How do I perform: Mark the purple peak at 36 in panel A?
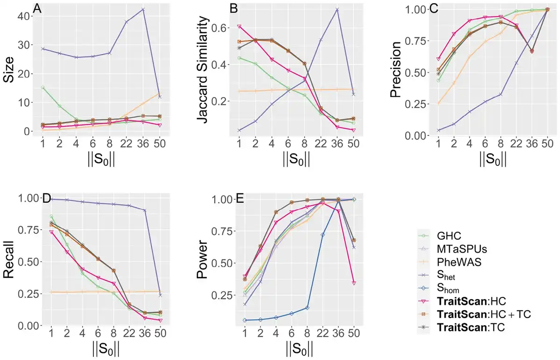click(x=143, y=9)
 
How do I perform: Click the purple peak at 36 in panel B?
click(x=336, y=9)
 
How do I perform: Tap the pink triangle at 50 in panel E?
click(x=354, y=283)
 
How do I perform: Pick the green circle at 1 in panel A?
click(x=43, y=88)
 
